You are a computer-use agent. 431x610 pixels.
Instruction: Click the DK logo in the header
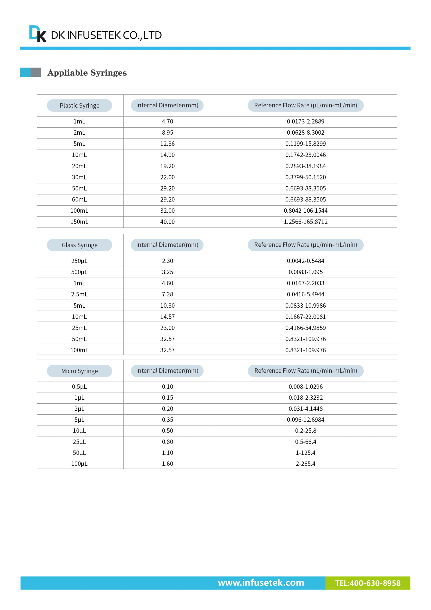point(38,33)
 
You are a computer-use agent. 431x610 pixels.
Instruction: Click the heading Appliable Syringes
point(87,73)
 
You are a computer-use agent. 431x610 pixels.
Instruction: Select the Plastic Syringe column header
point(79,105)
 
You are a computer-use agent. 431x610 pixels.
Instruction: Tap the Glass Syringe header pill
point(79,245)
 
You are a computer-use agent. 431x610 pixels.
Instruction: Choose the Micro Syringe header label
point(79,371)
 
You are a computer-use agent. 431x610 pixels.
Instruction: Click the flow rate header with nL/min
point(305,371)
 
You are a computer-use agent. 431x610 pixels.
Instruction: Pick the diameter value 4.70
point(167,121)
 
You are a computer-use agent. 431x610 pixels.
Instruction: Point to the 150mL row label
point(79,222)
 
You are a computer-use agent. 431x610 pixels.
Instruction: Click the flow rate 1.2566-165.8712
point(305,222)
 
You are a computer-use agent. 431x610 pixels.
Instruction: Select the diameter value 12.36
point(167,144)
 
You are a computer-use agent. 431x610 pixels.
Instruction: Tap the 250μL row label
point(79,261)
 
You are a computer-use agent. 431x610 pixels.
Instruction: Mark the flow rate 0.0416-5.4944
point(305,294)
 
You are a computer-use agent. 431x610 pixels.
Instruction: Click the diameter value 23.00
point(167,328)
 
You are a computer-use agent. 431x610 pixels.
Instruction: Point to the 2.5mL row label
point(79,294)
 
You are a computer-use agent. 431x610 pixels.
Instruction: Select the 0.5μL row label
point(79,387)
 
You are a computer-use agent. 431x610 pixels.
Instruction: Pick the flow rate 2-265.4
point(305,464)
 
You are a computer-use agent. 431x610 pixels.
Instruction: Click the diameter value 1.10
point(167,453)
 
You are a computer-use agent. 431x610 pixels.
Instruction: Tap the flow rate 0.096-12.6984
point(305,420)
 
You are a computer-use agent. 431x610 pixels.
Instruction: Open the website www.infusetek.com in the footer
point(261,582)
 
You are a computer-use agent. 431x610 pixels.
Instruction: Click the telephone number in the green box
point(368,583)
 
